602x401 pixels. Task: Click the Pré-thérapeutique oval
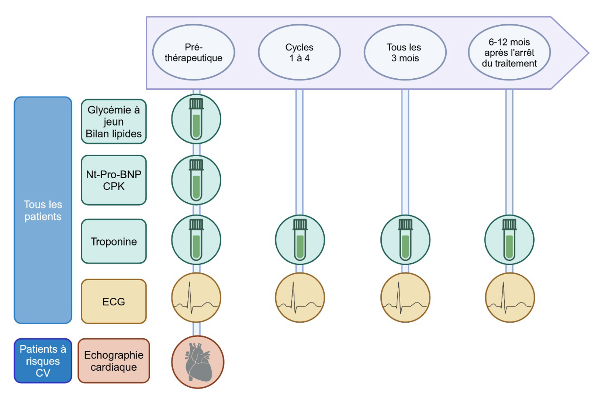point(194,52)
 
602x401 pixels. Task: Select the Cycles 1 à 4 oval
point(299,52)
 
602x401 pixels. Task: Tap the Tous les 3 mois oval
point(405,52)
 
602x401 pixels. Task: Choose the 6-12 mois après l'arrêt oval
point(509,52)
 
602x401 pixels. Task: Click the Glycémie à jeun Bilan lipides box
point(114,121)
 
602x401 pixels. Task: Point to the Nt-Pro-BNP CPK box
point(114,180)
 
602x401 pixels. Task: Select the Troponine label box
point(114,241)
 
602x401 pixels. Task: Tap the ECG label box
point(114,302)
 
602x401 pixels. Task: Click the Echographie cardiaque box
point(114,361)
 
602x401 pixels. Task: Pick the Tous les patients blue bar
point(43,210)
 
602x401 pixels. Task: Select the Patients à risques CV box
point(43,361)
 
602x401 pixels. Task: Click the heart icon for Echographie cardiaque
point(198,362)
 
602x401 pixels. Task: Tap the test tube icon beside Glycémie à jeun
point(196,119)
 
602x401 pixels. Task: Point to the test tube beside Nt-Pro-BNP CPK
point(196,180)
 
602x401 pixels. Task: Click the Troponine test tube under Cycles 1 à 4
point(300,240)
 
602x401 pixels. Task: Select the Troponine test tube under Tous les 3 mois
point(405,240)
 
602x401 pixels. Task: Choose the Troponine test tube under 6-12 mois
point(509,240)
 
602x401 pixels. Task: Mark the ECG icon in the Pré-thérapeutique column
point(196,298)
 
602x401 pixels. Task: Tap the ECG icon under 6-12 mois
point(510,298)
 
